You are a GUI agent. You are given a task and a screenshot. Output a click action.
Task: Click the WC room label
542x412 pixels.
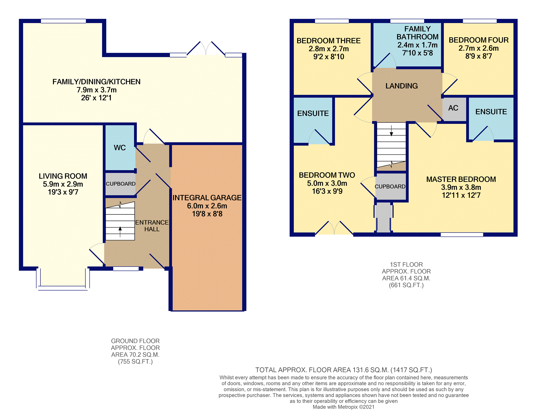click(x=120, y=148)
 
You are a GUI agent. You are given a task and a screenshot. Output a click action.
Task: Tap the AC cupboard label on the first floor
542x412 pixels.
click(x=453, y=108)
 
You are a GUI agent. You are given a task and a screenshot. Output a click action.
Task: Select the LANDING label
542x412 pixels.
click(x=401, y=86)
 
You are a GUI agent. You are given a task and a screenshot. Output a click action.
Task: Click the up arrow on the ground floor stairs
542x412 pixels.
click(x=120, y=232)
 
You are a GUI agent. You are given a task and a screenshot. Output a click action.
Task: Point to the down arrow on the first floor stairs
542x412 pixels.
click(x=391, y=130)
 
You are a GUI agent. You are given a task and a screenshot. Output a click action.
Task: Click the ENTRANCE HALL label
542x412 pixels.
click(x=152, y=226)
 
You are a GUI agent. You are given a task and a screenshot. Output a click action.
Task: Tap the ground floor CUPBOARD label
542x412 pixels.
click(x=120, y=184)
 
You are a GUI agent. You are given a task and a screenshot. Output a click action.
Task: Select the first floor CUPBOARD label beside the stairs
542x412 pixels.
click(x=390, y=186)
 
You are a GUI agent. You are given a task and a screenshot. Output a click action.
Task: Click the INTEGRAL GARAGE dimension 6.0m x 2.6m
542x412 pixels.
click(x=207, y=206)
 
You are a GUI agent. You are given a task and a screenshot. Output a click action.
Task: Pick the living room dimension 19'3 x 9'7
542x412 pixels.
click(x=63, y=192)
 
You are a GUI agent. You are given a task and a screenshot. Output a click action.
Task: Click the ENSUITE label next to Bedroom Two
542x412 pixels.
click(x=313, y=113)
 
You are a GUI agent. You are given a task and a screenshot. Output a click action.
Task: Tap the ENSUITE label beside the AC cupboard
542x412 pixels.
click(x=491, y=112)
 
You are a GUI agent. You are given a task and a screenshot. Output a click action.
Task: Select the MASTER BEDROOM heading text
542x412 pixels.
click(x=461, y=179)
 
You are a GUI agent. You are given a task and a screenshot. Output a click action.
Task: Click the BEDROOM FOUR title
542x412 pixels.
click(x=479, y=40)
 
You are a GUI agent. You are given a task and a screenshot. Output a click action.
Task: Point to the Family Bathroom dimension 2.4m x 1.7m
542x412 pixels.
click(x=417, y=45)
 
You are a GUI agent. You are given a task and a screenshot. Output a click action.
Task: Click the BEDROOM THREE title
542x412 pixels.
click(x=328, y=41)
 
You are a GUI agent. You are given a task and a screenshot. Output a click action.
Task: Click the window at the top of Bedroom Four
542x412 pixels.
click(x=480, y=21)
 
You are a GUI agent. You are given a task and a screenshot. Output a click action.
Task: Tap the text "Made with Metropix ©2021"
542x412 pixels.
click(x=343, y=407)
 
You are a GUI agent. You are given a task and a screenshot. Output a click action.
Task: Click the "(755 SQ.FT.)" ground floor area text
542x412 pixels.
click(x=135, y=361)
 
